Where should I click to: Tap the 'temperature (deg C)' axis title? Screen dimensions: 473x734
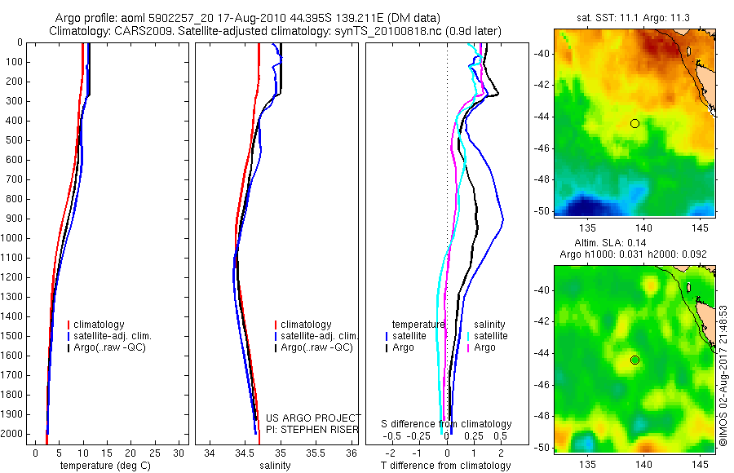click(104, 466)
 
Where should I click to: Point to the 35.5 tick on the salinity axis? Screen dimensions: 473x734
click(316, 453)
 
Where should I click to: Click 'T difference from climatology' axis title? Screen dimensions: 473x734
click(445, 466)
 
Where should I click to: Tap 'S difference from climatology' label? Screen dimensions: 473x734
click(446, 424)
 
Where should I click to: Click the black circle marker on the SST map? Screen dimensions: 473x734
click(635, 123)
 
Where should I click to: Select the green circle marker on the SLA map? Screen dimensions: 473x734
click(635, 360)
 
